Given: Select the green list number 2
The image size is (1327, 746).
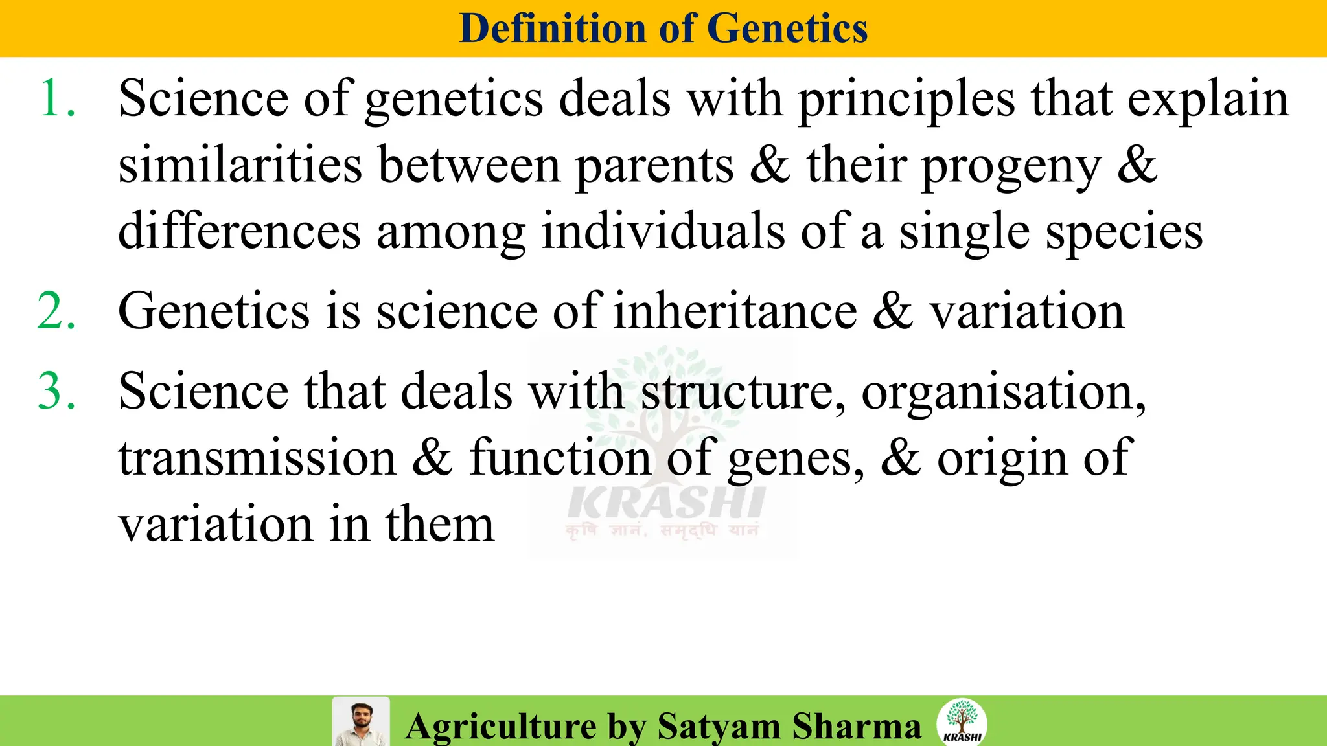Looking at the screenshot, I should pos(57,311).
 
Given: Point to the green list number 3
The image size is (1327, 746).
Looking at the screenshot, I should pos(57,391).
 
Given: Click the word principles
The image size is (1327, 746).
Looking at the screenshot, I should pos(906,100).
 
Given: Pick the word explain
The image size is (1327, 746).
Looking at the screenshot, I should pos(1208,100).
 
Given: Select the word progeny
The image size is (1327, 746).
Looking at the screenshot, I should pos(1011,167).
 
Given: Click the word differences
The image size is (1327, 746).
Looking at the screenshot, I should pos(239,231).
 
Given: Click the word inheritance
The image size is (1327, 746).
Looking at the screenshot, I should pos(735,311).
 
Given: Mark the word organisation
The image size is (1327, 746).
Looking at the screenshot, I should pos(1003,392).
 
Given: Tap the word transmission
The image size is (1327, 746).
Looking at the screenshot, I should pos(257,458).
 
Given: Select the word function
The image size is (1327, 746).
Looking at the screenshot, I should pos(560,458).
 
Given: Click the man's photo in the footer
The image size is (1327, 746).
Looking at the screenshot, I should pos(361,721).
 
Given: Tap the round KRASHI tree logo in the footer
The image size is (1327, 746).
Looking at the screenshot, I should pos(962,721).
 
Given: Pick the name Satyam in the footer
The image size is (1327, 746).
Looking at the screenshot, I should pos(719,726).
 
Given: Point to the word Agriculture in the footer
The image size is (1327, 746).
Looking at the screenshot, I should pos(501,726).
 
